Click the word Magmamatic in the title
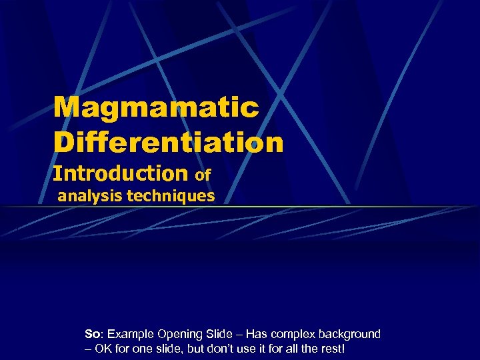coord(156,107)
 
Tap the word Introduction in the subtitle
coord(121,173)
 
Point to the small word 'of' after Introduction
coord(203,175)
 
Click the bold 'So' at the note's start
coord(92,333)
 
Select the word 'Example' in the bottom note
coord(127,333)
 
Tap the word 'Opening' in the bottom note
coord(173,334)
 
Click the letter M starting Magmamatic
coord(65,107)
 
